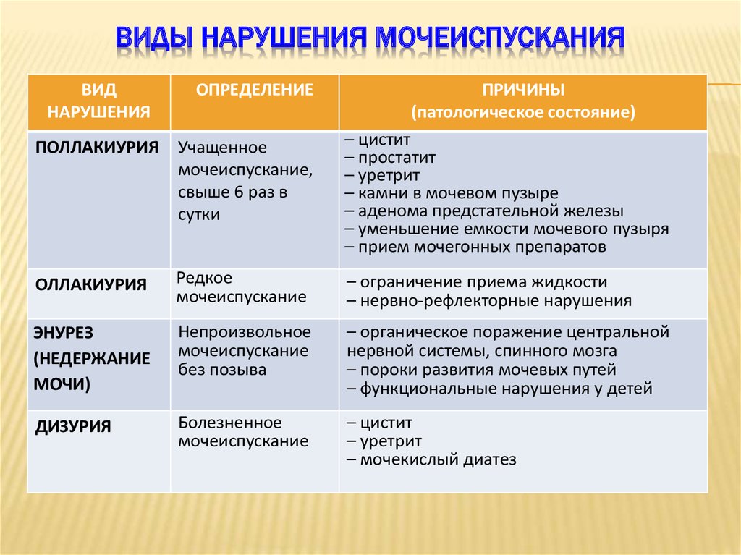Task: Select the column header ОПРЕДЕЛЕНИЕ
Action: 255,90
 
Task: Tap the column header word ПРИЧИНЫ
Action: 524,90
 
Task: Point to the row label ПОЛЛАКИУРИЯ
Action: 97,148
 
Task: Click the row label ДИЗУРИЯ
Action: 73,426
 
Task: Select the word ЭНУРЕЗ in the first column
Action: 64,333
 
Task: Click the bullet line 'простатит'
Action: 391,157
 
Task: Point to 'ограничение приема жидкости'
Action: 477,282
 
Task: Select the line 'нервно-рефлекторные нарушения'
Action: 489,300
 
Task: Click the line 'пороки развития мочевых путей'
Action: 481,370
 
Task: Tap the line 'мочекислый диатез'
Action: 431,459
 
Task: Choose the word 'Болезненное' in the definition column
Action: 230,423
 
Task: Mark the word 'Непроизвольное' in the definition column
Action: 245,332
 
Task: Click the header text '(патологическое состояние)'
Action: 524,113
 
